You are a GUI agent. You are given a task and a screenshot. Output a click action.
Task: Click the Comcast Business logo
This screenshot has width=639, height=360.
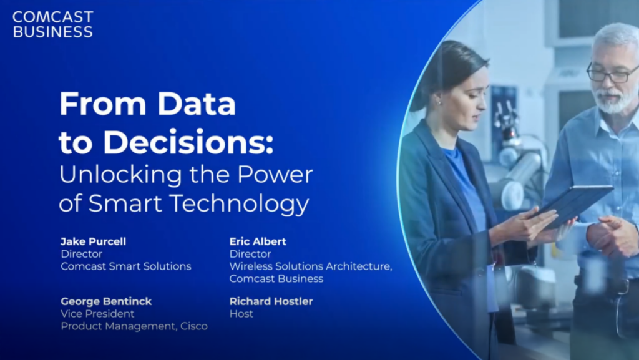click(x=52, y=24)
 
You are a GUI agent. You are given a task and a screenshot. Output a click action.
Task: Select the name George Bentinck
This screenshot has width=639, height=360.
click(x=106, y=301)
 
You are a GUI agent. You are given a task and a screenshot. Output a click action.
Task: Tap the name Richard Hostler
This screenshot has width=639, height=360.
click(x=271, y=301)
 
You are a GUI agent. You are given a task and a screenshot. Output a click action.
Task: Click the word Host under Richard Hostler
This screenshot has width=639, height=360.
click(x=241, y=314)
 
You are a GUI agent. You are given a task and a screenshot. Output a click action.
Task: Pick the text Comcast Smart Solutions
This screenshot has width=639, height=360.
click(x=125, y=266)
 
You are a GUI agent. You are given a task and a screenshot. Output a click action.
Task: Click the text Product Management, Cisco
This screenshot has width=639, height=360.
click(x=134, y=326)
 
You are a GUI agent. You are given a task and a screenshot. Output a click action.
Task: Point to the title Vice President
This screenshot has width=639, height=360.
click(x=97, y=314)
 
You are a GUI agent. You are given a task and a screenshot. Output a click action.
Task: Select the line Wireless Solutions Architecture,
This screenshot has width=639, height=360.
click(x=310, y=266)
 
